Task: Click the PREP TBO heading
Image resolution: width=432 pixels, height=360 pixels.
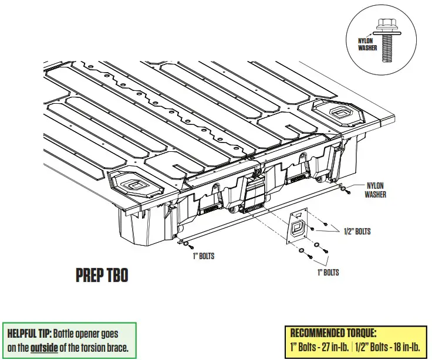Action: (102, 275)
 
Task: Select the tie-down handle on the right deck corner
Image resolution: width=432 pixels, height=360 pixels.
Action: (339, 111)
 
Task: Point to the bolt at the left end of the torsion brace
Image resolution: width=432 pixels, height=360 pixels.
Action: (184, 241)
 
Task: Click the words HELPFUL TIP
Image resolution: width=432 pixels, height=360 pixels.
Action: (28, 334)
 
